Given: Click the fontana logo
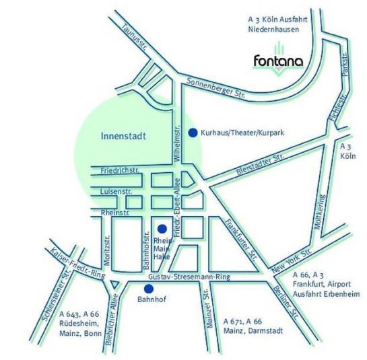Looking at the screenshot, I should [x=277, y=61].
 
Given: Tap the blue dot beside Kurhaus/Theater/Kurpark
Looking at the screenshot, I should [x=193, y=133].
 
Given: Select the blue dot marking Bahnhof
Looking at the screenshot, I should [x=149, y=288].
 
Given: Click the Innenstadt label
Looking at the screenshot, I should [x=123, y=135].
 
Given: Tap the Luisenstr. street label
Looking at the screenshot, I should [x=116, y=192].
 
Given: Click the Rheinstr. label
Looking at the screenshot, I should [x=114, y=213].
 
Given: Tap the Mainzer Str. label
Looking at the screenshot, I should [x=211, y=312].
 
